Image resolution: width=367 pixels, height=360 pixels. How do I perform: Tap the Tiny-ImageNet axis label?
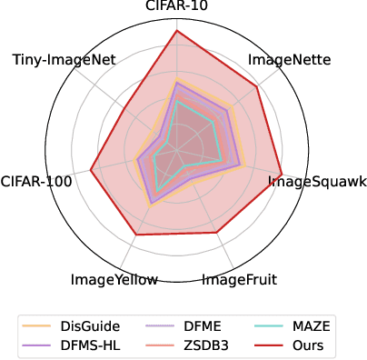(x=64, y=60)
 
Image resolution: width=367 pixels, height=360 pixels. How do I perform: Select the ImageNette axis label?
(x=289, y=61)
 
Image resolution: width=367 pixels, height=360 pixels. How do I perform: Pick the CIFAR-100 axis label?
(x=37, y=181)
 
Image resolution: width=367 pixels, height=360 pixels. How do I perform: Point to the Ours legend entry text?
(x=303, y=345)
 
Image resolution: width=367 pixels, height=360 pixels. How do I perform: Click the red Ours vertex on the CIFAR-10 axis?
(x=175, y=31)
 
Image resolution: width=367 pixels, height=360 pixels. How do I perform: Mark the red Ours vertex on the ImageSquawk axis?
(x=282, y=174)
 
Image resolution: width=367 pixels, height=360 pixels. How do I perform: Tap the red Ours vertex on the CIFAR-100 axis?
(x=91, y=168)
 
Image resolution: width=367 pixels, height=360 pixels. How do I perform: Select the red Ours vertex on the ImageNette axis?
(x=258, y=86)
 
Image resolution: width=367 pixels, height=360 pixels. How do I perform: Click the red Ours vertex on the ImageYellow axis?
(x=136, y=235)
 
